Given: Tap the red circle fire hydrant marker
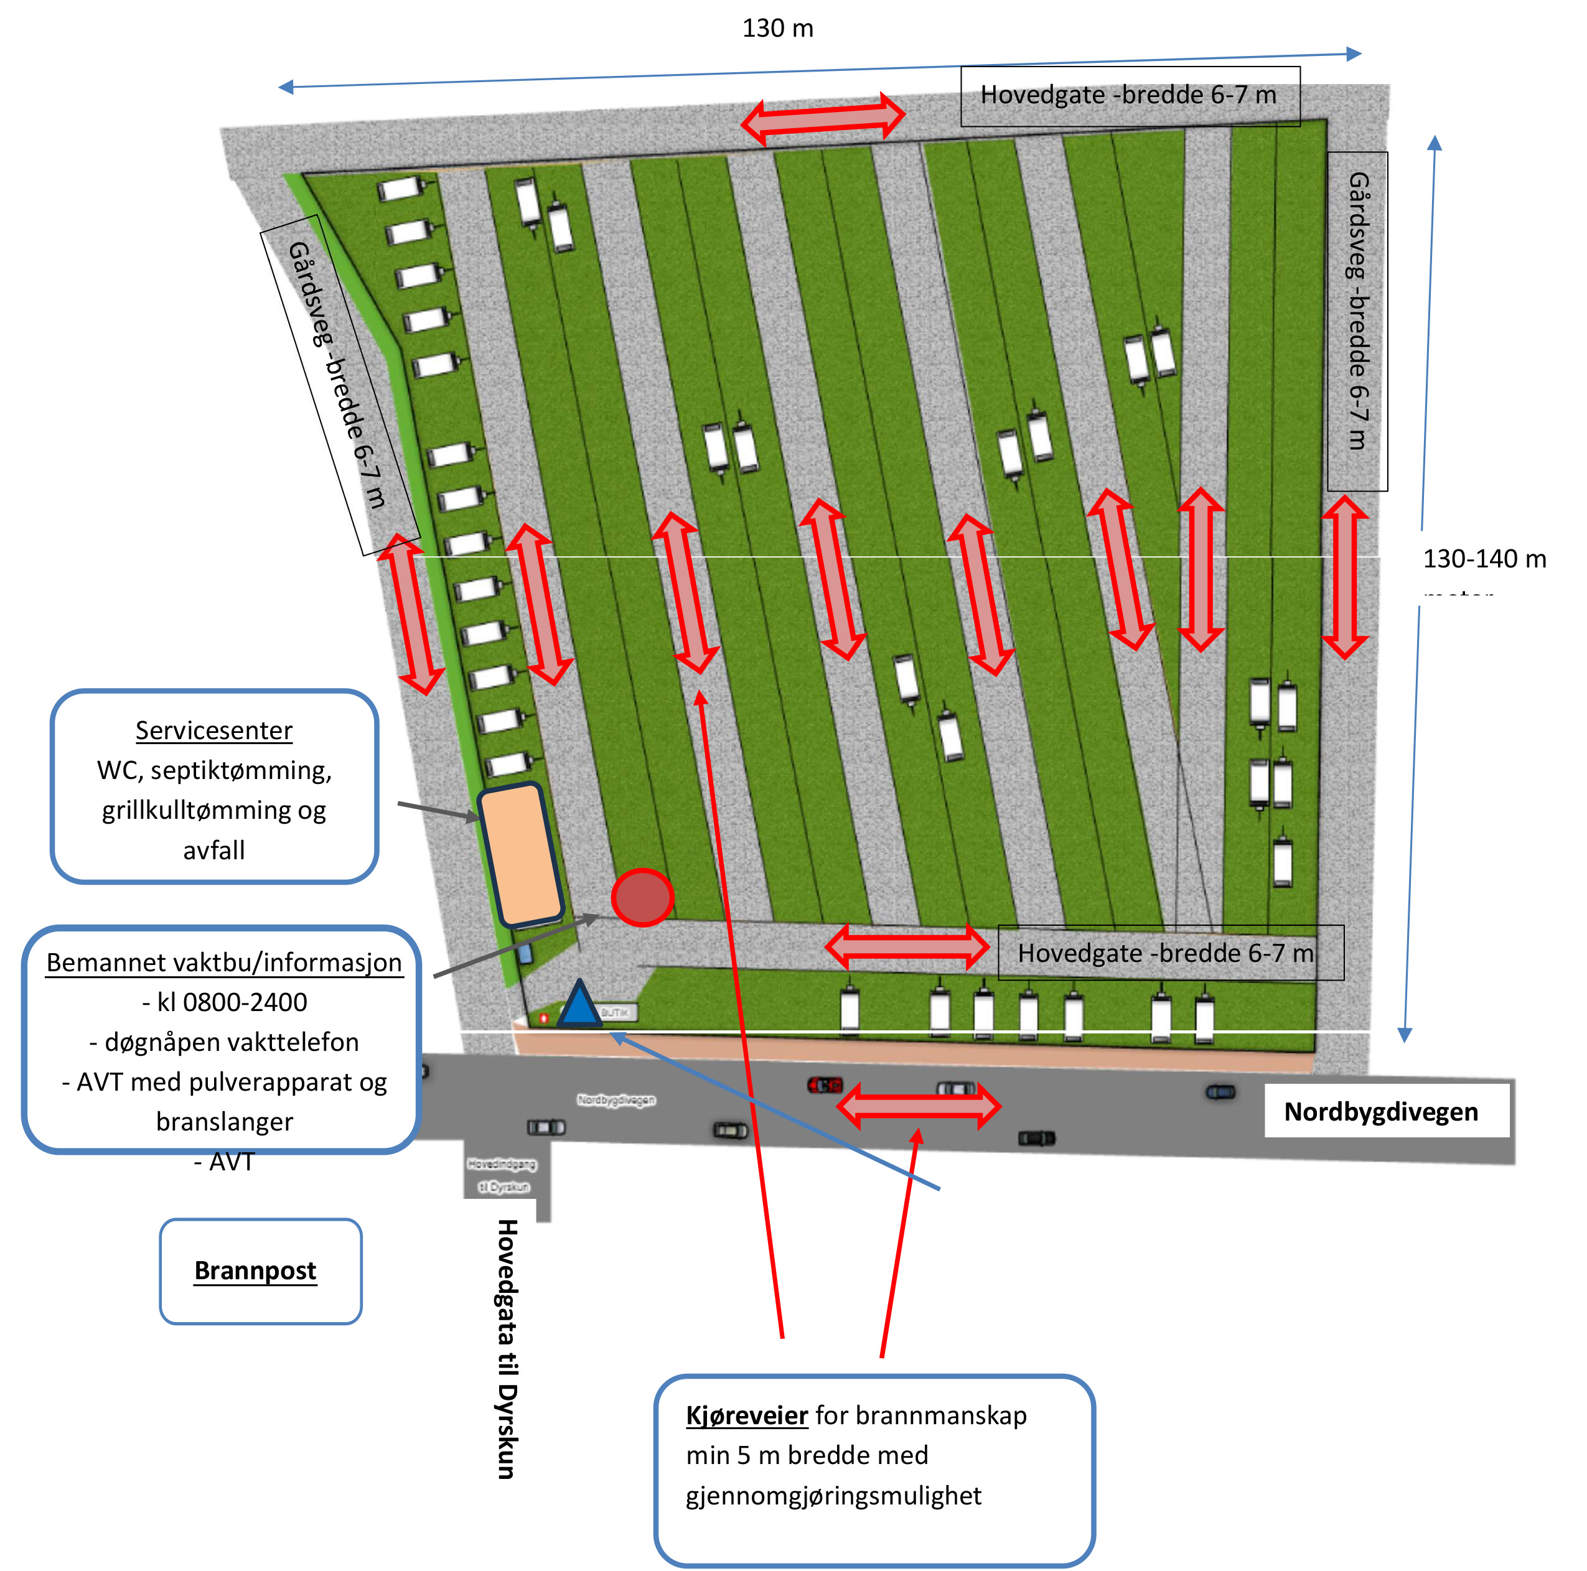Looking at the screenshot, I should (x=642, y=897).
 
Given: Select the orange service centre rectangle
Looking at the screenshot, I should (x=521, y=855).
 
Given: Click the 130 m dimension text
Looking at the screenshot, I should (x=777, y=29).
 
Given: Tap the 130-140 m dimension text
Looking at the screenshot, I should (x=1484, y=559).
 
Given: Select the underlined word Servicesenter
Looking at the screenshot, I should (x=213, y=730).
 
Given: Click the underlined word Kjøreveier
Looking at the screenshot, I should (x=747, y=1415).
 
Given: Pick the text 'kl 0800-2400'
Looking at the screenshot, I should (x=224, y=1002).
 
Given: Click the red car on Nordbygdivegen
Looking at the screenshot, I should (x=825, y=1085).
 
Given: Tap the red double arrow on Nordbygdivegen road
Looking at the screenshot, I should (x=917, y=1106).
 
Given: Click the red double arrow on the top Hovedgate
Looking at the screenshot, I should (x=823, y=119).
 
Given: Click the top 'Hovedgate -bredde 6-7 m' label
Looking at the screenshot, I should (x=1129, y=95).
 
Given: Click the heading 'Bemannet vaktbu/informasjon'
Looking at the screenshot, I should (x=223, y=963).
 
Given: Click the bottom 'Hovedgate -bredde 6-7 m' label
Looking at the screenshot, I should (x=1165, y=953).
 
